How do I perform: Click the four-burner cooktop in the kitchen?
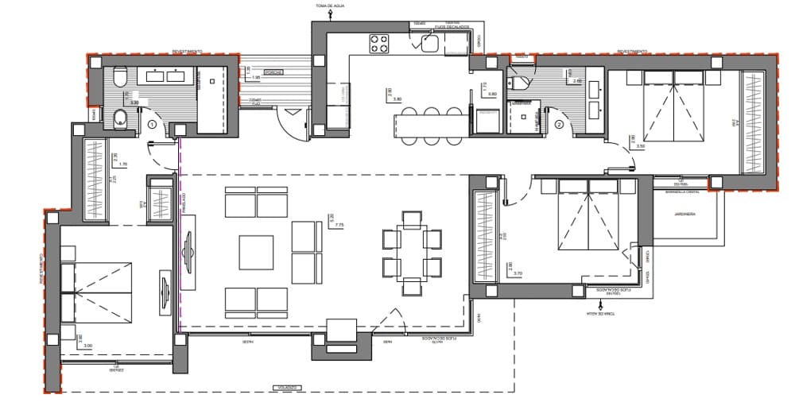(x=378, y=43)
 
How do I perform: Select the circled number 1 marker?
(x=152, y=124)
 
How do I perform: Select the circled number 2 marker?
(x=559, y=124)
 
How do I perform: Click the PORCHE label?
(x=274, y=70)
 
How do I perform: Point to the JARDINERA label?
(x=684, y=214)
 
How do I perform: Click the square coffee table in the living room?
(x=257, y=253)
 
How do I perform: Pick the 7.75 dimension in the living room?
(x=339, y=225)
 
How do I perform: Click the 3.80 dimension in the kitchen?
(x=398, y=99)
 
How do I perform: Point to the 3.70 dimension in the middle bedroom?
(x=518, y=273)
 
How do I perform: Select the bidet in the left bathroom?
(x=119, y=118)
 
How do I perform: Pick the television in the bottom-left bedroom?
(x=166, y=293)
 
